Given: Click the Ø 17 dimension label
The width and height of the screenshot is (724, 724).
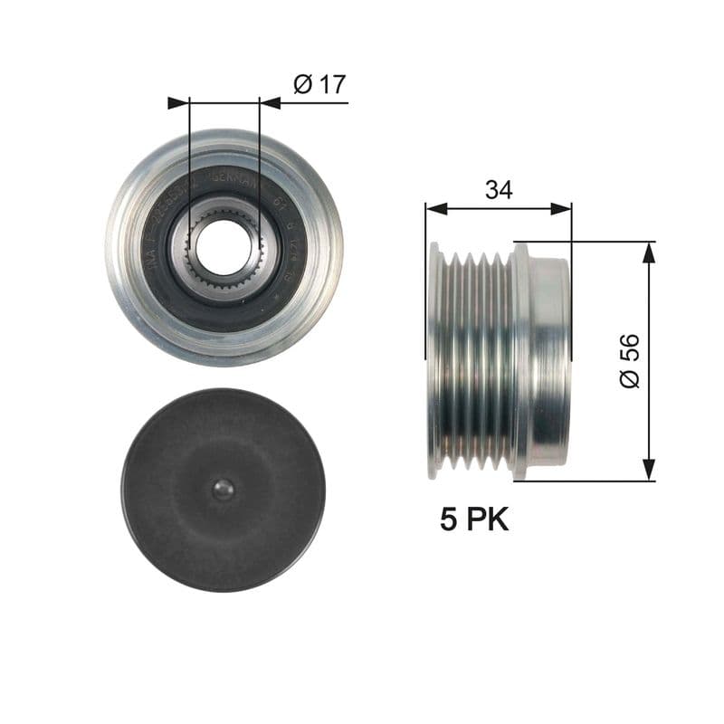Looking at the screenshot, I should click(x=319, y=85).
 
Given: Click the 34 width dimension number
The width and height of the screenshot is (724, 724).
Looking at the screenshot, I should click(x=499, y=190).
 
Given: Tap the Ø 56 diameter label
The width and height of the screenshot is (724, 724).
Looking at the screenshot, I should click(x=630, y=360).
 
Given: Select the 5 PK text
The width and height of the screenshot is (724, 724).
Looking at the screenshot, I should click(x=474, y=519).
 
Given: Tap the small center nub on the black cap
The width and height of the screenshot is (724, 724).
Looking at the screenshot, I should click(x=224, y=490).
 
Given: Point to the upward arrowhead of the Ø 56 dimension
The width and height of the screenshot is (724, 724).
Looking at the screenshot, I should click(x=648, y=252).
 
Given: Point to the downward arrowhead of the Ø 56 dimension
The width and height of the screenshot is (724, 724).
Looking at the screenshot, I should click(x=648, y=469).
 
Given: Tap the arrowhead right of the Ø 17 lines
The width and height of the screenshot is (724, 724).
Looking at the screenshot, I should click(x=270, y=103).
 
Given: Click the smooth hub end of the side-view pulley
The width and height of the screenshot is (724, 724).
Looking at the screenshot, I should click(x=548, y=360).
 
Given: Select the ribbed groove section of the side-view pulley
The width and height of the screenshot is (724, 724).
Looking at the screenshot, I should click(x=475, y=360).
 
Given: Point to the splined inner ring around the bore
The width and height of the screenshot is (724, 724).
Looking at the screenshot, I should click(x=224, y=281).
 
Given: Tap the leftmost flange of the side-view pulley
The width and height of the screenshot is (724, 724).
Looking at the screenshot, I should click(x=435, y=360).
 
